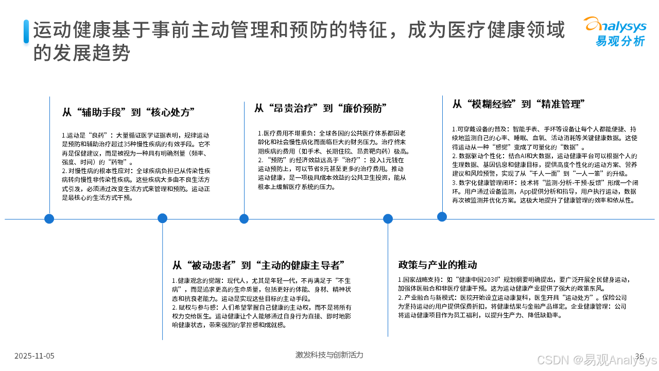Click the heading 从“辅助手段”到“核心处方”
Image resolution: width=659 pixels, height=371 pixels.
point(128,112)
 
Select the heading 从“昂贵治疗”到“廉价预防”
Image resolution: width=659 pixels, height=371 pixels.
point(320,108)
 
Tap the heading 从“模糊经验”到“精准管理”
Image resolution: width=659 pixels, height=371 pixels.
point(518,104)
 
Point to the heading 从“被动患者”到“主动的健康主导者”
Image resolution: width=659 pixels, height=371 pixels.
point(258,265)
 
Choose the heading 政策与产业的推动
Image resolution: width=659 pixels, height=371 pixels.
point(438,265)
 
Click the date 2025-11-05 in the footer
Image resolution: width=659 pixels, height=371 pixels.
point(34,356)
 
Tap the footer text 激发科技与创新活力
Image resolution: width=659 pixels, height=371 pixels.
point(329,355)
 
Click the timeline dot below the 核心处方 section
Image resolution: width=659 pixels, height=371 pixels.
point(49,218)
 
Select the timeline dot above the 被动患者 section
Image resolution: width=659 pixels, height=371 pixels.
point(162,218)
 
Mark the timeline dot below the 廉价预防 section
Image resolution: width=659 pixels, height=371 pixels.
point(244,218)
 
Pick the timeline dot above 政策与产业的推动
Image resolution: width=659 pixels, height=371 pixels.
point(388,218)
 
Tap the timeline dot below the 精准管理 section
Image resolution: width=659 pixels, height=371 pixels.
point(442,216)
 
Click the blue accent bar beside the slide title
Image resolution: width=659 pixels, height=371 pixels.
point(26,31)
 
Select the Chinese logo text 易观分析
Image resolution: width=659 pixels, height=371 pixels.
point(620,41)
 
